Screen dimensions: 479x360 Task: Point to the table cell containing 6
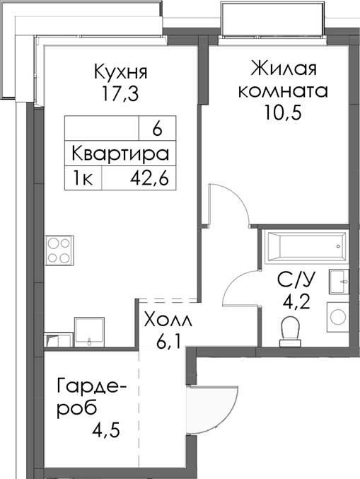[156, 129]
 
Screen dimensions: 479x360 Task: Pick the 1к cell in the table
[83, 178]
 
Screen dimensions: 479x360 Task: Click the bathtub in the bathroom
[303, 247]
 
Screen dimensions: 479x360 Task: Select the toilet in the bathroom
[289, 331]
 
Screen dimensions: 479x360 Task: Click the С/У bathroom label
[291, 279]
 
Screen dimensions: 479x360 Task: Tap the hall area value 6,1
[166, 342]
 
